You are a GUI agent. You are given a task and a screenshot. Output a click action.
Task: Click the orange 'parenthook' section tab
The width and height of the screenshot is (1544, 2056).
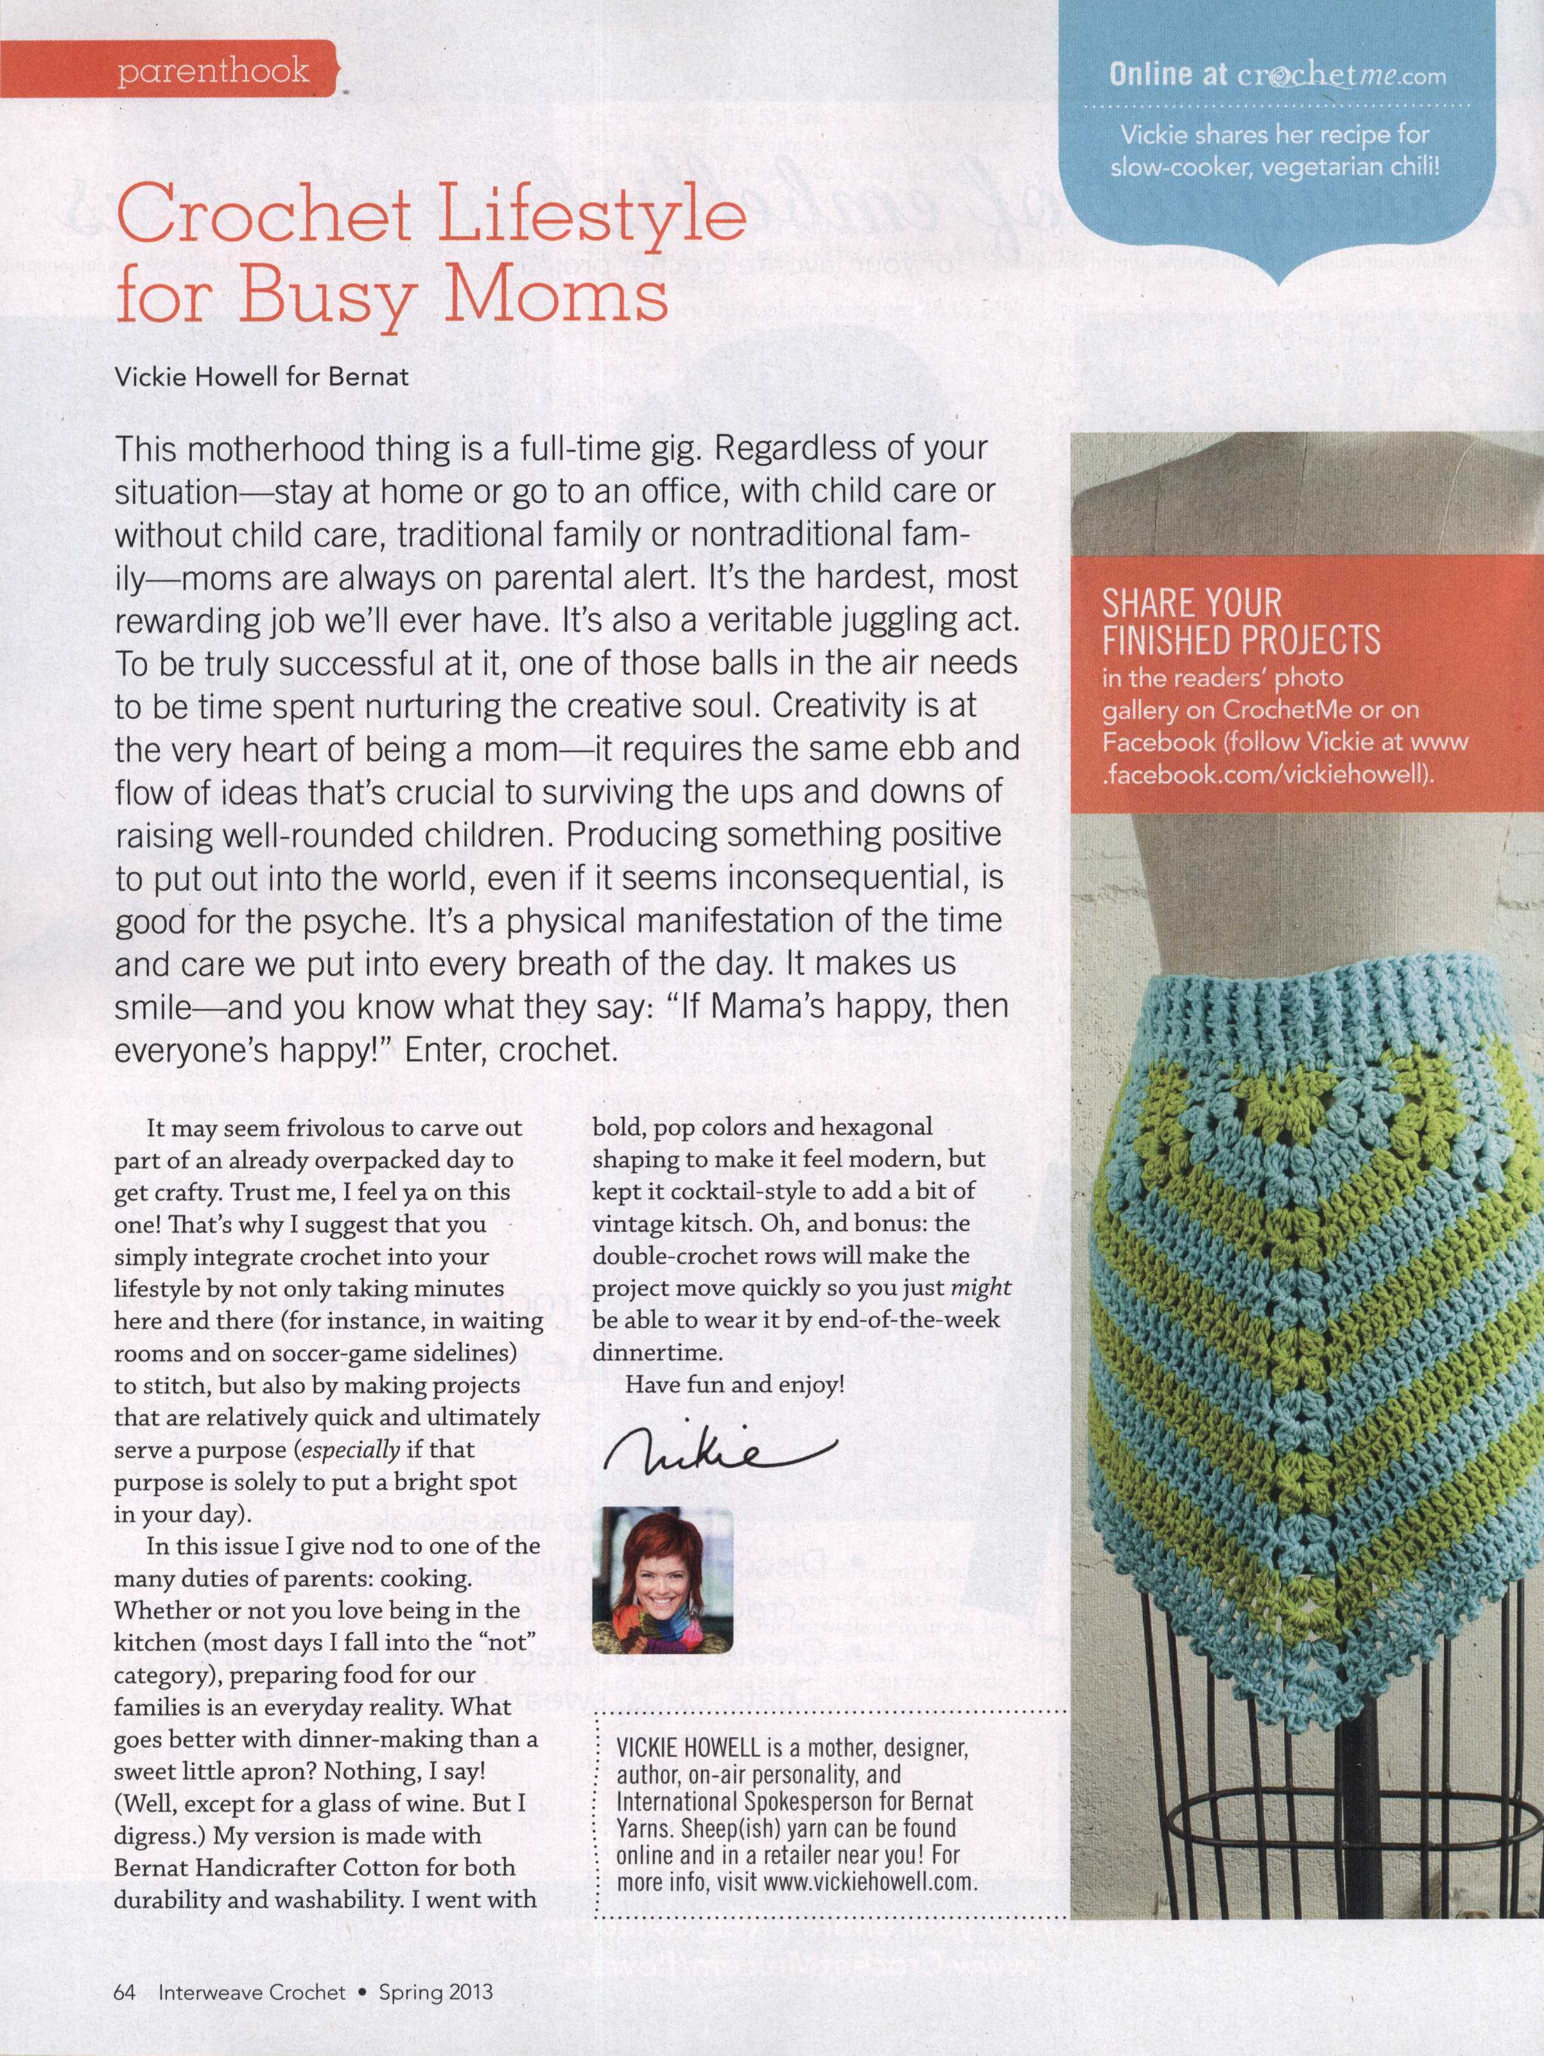pos(216,71)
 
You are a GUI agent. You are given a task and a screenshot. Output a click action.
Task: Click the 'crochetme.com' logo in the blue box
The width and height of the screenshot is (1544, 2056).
pos(1339,76)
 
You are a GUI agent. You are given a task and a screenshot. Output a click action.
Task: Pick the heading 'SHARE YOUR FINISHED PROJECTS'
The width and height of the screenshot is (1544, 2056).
pos(1240,622)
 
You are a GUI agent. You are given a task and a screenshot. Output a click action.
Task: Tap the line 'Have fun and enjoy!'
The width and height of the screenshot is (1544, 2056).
pos(734,1385)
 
